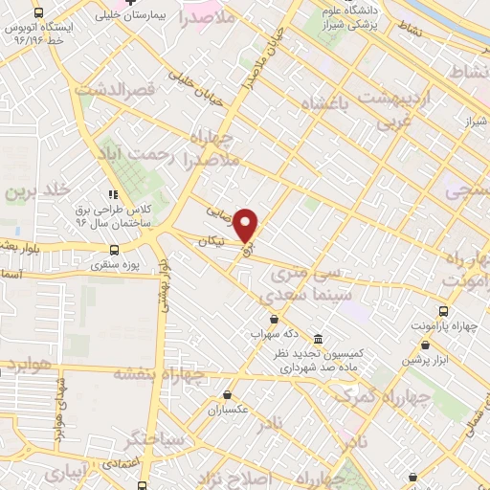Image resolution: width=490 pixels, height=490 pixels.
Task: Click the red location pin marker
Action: tap(246, 224)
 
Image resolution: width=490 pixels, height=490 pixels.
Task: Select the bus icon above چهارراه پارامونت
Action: tap(442, 311)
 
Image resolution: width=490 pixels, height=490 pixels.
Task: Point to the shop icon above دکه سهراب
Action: tap(276, 320)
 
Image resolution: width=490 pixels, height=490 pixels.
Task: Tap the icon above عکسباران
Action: tap(227, 394)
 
